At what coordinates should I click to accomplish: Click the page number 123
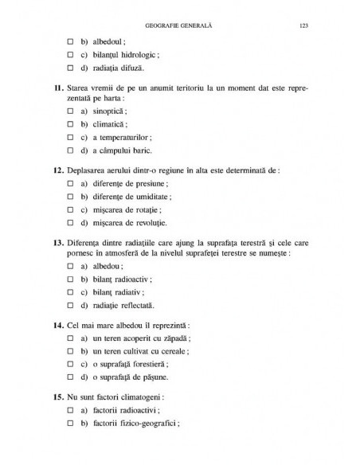click(x=303, y=25)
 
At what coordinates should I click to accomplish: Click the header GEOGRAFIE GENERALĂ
click(x=181, y=25)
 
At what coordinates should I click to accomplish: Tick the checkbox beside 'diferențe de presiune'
click(x=71, y=182)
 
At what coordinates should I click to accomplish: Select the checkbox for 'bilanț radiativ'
click(x=71, y=292)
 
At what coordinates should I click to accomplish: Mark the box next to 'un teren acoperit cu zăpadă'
click(x=71, y=338)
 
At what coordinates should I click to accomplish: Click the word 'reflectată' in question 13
click(x=135, y=306)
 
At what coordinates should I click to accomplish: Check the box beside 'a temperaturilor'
click(x=71, y=136)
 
